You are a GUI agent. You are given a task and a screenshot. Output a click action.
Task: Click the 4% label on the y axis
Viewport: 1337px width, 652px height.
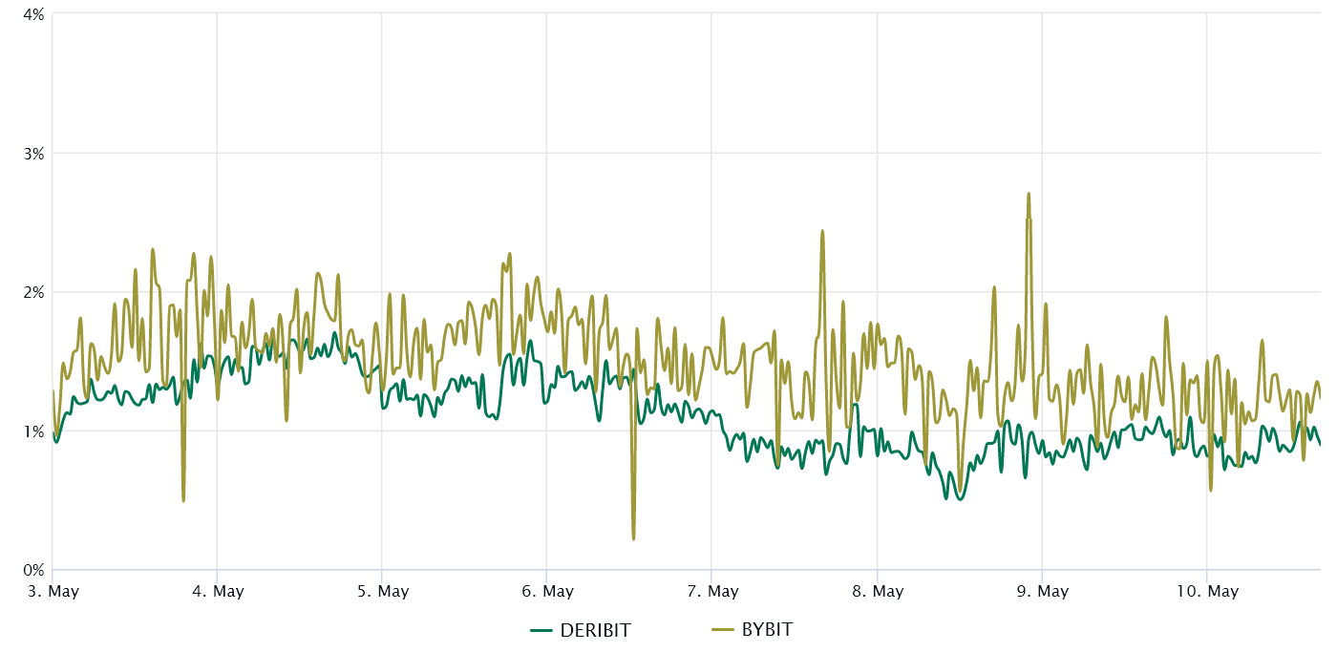point(32,13)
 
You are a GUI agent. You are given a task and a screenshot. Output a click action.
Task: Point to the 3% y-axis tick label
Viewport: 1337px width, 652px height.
point(32,153)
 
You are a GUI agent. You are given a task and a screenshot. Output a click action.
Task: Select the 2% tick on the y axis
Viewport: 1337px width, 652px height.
point(32,292)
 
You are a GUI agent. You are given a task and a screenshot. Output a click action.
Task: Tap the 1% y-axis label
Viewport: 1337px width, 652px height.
point(32,431)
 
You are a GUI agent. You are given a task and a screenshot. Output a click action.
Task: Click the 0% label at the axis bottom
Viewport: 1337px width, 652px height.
point(32,570)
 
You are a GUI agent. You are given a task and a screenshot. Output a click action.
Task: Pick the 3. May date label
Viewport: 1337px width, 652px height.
point(53,592)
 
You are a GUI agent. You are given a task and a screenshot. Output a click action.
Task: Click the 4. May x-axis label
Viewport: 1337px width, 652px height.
point(217,592)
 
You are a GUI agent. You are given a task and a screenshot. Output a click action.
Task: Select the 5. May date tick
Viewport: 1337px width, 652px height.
point(382,592)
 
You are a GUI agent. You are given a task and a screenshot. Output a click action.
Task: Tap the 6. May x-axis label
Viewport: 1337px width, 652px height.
point(547,592)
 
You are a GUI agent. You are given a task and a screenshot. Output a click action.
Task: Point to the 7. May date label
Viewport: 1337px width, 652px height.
point(712,592)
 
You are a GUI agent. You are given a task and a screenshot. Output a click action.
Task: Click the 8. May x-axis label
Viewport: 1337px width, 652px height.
point(877,592)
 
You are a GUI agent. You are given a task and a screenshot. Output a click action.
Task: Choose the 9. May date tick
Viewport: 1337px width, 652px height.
point(1042,592)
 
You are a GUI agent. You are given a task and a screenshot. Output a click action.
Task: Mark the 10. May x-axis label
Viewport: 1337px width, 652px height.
point(1207,592)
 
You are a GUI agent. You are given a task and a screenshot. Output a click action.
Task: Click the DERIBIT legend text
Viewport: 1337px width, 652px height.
point(595,630)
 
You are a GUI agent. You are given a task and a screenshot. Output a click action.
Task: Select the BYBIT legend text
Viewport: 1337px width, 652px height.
point(767,630)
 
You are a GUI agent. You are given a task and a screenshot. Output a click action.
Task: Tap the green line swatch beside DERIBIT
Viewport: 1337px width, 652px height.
point(542,630)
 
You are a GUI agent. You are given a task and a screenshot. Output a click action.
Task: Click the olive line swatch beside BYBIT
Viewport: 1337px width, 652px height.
point(724,630)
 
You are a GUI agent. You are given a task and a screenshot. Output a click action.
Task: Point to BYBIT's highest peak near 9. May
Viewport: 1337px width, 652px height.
point(1029,194)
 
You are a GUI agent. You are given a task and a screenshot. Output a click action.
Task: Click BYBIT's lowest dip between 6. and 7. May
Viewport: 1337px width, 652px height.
point(633,539)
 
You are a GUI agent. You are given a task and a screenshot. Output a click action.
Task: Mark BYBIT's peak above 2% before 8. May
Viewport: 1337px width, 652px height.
point(822,230)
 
